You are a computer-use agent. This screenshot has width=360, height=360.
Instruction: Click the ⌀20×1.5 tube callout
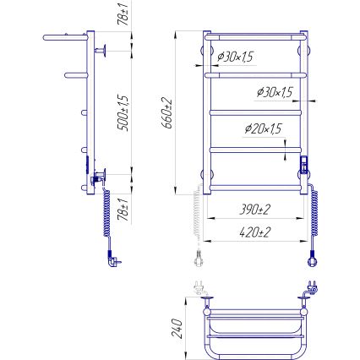point(263,129)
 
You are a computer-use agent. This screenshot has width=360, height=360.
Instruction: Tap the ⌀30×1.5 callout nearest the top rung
point(236,57)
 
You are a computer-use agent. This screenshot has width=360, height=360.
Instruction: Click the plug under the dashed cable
point(199,255)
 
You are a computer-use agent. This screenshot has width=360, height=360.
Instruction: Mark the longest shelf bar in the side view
point(65,38)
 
